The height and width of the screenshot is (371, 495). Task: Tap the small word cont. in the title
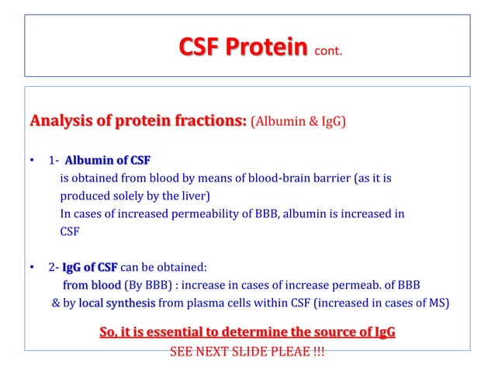point(327,53)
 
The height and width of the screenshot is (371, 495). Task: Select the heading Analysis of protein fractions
point(138,121)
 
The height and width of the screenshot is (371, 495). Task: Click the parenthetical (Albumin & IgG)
point(299,122)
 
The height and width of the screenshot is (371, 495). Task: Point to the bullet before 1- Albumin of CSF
point(32,161)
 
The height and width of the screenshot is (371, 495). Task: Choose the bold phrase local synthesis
point(116,303)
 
